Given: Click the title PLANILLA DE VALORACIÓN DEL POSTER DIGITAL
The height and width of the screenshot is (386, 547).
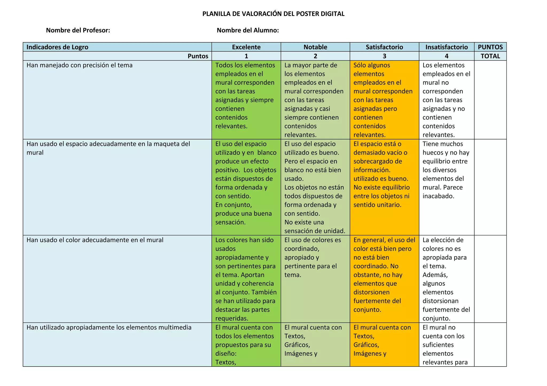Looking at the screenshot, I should tap(273, 14).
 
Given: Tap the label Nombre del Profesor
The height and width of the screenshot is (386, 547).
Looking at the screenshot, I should tap(78, 30).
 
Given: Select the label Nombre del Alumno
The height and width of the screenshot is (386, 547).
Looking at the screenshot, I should tap(248, 30).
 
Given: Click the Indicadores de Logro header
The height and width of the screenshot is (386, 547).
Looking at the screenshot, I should tap(57, 47).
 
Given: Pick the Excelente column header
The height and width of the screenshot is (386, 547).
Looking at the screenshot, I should tap(246, 47).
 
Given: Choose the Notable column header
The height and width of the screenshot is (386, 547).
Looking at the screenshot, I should tap(315, 47).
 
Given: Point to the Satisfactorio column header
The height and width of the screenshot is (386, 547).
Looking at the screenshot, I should tap(384, 47).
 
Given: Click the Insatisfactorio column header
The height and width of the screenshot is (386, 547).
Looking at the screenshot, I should tap(446, 47).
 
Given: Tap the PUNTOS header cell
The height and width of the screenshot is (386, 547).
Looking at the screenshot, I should tap(490, 47).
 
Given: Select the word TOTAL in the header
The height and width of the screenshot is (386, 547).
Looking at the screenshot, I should tap(490, 56).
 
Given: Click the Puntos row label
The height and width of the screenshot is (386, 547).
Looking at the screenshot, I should tap(198, 56).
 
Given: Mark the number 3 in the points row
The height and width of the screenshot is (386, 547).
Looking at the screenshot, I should tap(384, 56).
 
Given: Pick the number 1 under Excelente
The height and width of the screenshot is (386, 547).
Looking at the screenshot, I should tap(246, 56).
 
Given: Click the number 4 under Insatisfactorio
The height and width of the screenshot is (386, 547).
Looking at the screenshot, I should tap(446, 56).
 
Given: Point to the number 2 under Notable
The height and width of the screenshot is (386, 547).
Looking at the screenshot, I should tap(315, 56).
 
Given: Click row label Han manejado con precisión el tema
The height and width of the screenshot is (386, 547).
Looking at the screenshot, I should tap(80, 65).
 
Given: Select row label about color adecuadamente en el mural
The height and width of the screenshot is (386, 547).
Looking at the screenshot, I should tap(95, 240).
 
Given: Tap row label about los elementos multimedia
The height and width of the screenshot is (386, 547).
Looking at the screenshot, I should tap(109, 327).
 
